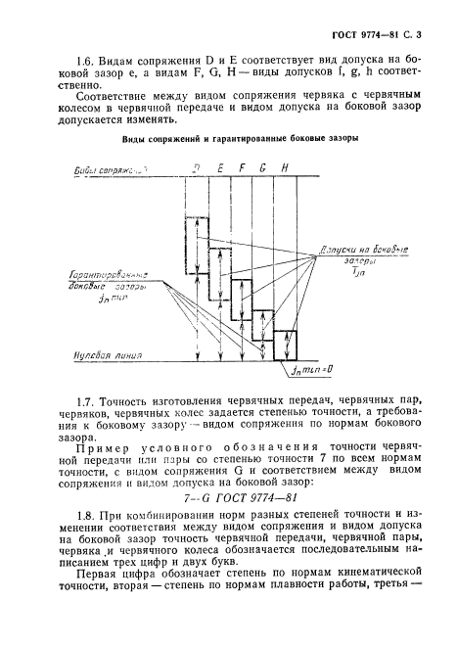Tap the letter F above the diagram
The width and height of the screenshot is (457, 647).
(x=242, y=168)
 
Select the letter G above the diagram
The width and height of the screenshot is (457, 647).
(x=263, y=168)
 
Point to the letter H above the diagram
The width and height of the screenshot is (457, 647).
(x=285, y=168)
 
